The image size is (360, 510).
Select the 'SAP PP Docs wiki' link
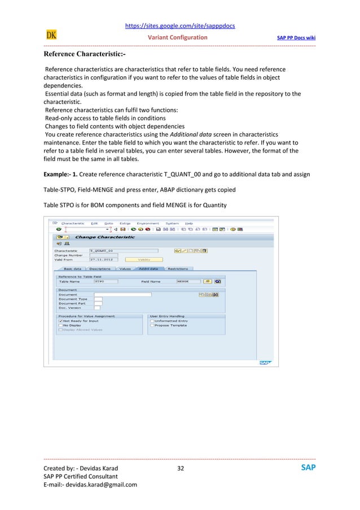(x=296, y=38)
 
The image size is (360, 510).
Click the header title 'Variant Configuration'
(x=177, y=38)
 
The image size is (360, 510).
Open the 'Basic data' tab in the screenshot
(x=72, y=269)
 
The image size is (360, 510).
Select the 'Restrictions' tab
(x=177, y=269)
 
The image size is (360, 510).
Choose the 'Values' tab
(x=125, y=269)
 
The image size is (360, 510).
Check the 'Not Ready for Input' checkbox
(x=60, y=321)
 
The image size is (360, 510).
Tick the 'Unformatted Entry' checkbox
(x=152, y=321)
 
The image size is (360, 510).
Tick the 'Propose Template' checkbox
(x=152, y=325)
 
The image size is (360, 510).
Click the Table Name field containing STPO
(x=106, y=281)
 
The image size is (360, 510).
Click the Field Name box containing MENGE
(x=188, y=281)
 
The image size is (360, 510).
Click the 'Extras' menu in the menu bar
(x=126, y=223)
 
